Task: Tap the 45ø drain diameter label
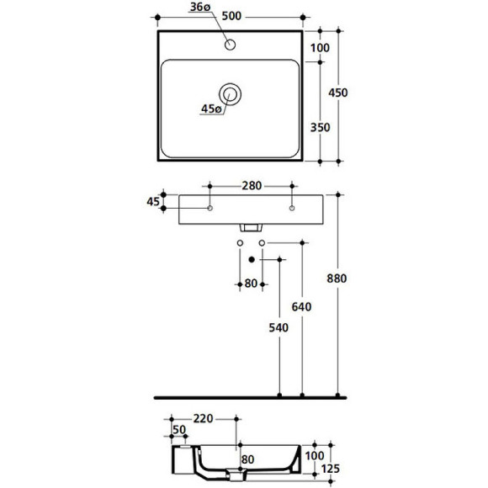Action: click(210, 109)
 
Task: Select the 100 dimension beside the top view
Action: click(320, 48)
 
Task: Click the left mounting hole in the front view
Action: click(210, 207)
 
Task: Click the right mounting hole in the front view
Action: click(292, 207)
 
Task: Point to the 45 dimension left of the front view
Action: click(152, 201)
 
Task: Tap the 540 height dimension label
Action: click(279, 327)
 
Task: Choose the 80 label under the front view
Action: click(252, 283)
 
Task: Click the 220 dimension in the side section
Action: click(201, 418)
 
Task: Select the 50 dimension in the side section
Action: click(178, 431)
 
